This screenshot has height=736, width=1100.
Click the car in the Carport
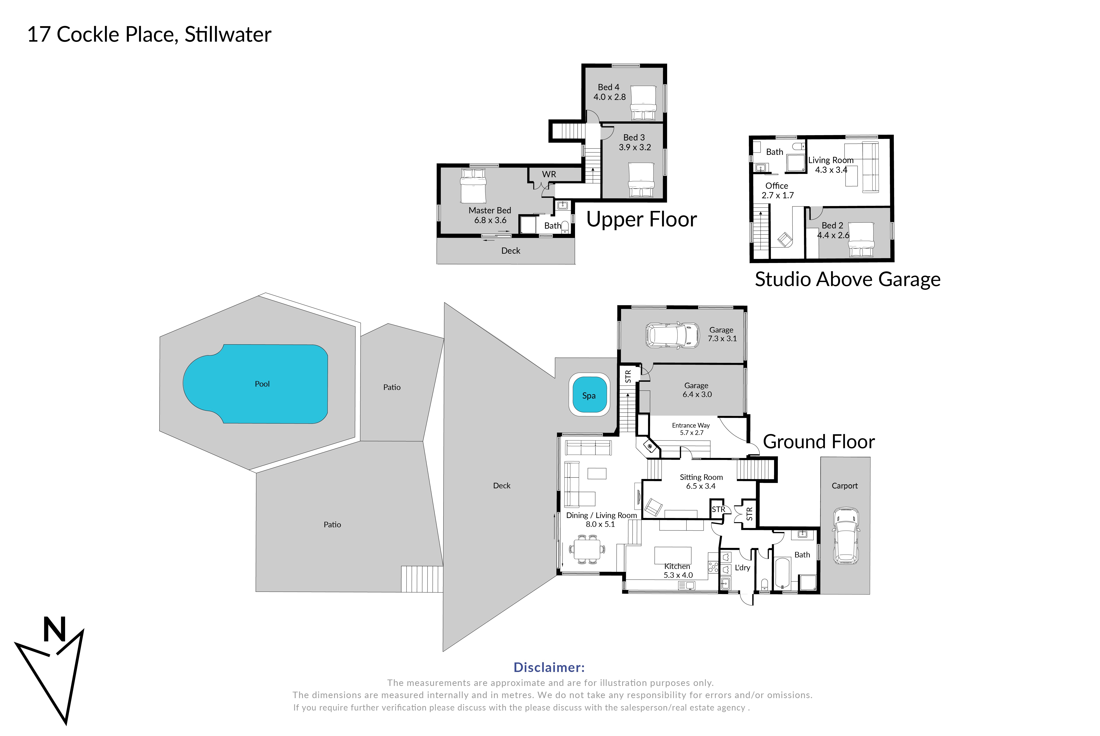coord(846,535)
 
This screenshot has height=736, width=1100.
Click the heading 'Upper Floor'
coord(641,219)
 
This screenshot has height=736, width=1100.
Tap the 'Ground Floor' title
coord(819,442)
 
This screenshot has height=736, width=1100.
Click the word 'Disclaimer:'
coord(549,667)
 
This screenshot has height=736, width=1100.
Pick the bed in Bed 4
coord(643,103)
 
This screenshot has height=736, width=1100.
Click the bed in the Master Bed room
coord(473,185)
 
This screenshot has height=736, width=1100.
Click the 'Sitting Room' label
coord(701,477)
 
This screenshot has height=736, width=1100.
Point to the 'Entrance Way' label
coord(691,425)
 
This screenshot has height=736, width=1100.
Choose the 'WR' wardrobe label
coord(549,174)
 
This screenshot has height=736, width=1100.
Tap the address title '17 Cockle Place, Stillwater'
coord(149,35)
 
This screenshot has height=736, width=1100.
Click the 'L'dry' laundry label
coord(743,567)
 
